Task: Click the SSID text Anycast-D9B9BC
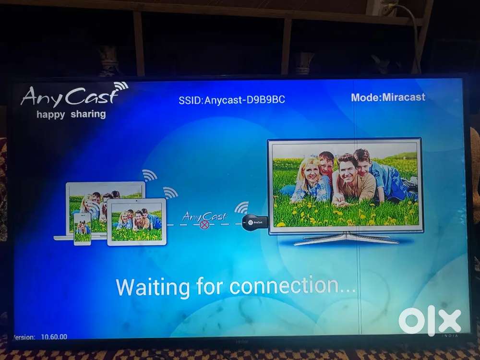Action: coord(245,100)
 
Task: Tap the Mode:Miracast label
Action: coord(388,97)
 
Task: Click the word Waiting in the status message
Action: coord(153,287)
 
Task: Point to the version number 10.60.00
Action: coord(54,337)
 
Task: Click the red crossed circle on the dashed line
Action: coord(204,225)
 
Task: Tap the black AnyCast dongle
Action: coord(255,222)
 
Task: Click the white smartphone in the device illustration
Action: coord(83,229)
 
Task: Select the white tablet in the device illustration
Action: coord(136,222)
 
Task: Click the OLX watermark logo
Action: coord(430,321)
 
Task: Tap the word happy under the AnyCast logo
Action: coord(50,115)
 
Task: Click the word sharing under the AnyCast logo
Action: coord(88,114)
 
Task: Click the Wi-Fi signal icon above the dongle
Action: coord(241,208)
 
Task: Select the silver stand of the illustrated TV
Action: coord(346,238)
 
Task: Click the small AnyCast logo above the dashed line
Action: coord(204,217)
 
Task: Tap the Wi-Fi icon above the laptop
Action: coord(149,175)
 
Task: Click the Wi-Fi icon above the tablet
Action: coord(170,192)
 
